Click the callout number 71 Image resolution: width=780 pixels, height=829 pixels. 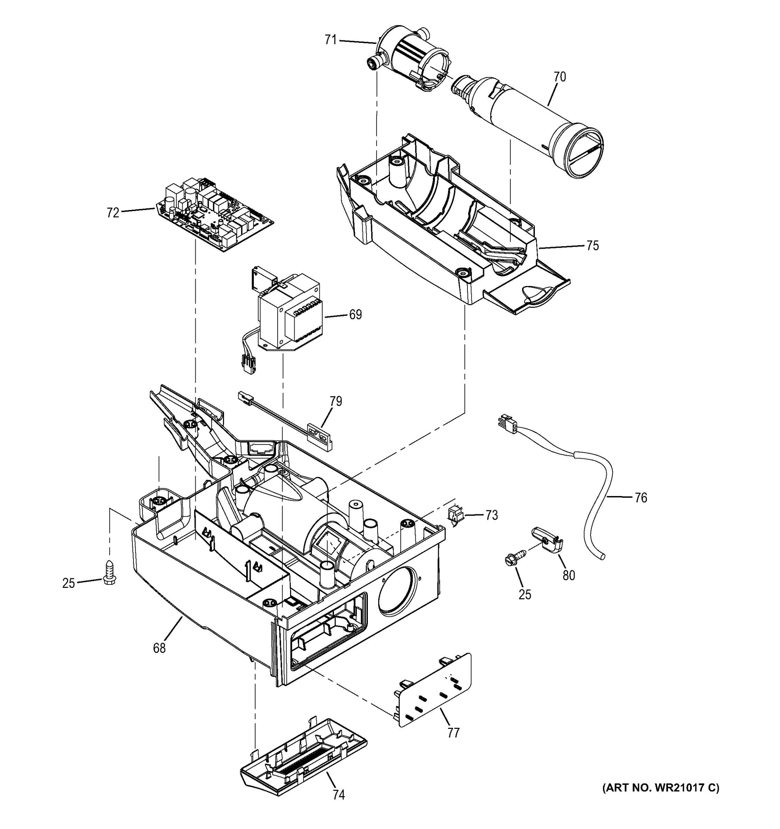click(330, 40)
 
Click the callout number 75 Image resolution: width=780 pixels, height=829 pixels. click(592, 246)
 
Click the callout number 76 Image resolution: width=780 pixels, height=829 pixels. click(640, 497)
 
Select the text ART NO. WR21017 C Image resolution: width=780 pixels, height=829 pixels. click(661, 787)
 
